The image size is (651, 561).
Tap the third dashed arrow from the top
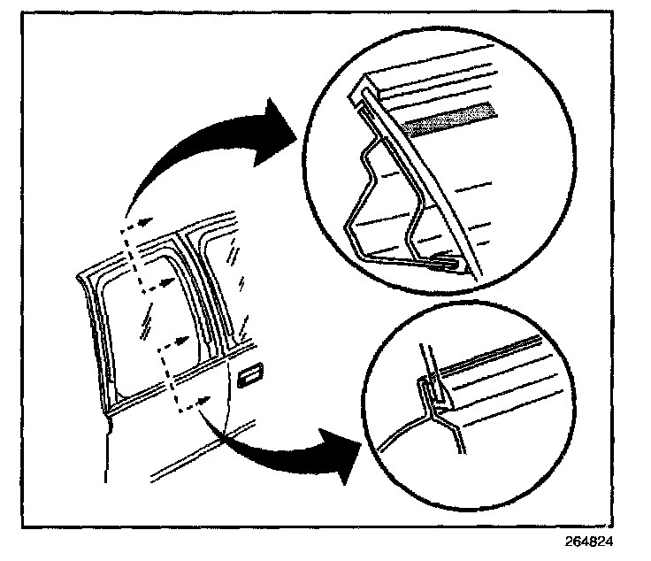(x=177, y=339)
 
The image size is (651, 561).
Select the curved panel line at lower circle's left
(x=398, y=428)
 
